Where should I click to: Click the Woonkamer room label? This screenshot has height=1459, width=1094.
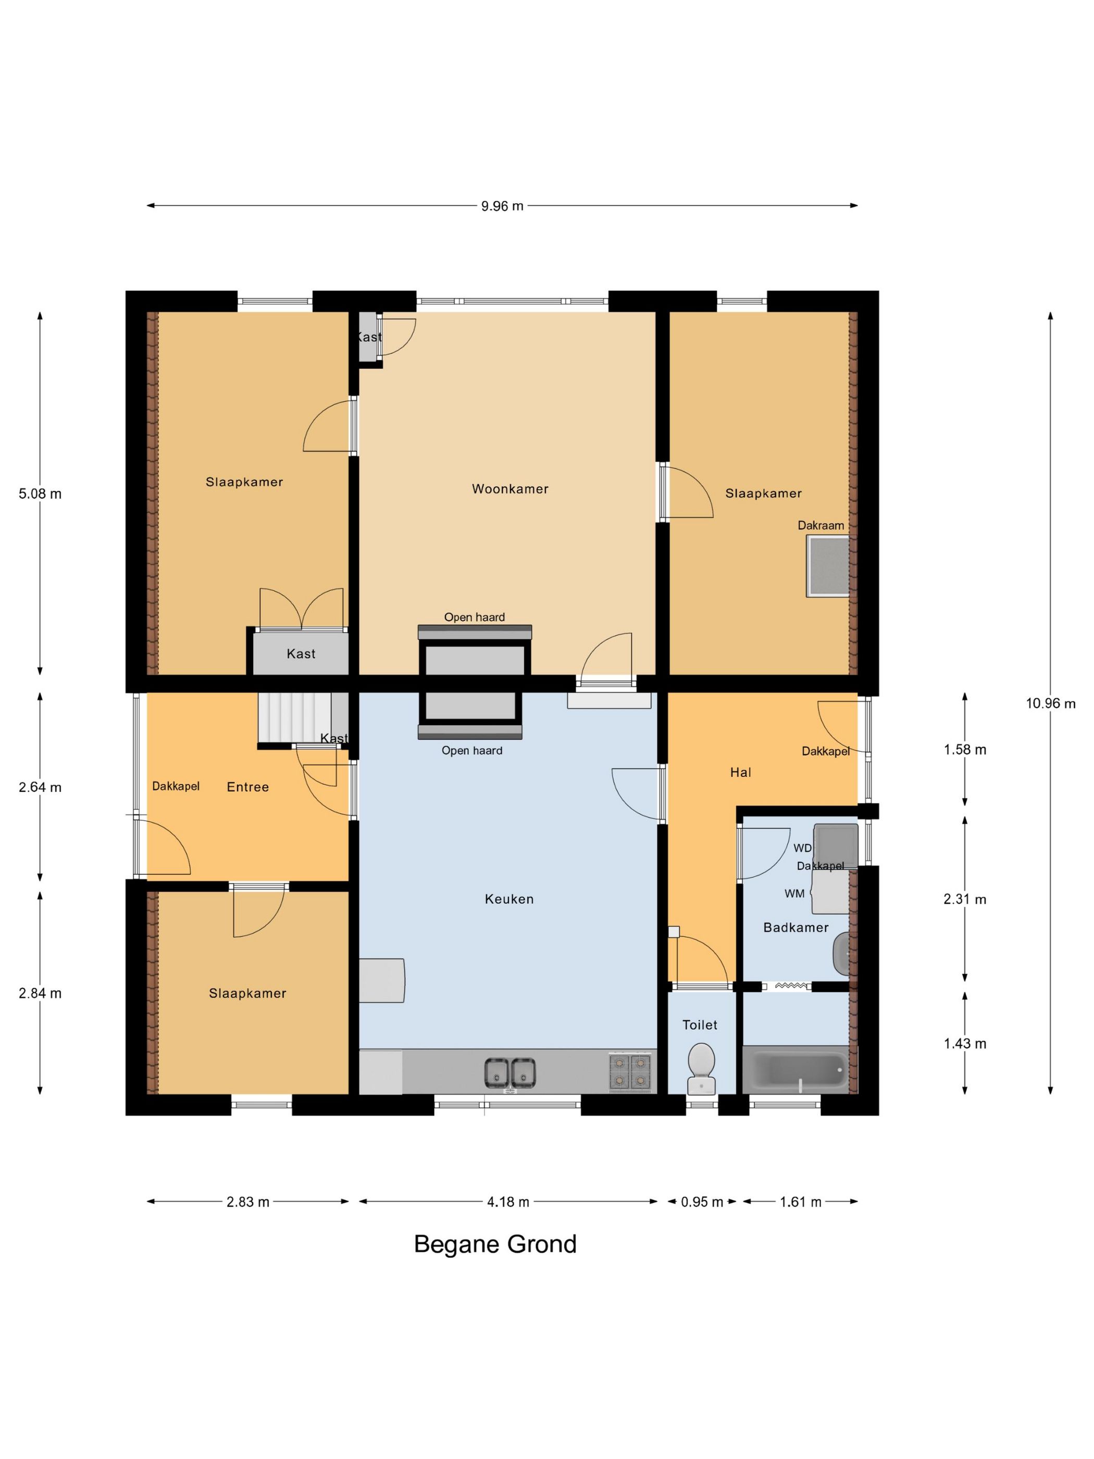click(x=509, y=489)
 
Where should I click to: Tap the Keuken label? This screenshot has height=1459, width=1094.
click(x=509, y=898)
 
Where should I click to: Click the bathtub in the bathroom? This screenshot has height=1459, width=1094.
click(x=799, y=1069)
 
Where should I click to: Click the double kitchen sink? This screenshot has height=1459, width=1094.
click(x=509, y=1072)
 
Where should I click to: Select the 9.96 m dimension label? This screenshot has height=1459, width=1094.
click(x=502, y=206)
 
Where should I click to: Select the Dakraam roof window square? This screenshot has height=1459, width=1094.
click(x=828, y=566)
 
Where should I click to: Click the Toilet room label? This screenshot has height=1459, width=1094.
click(x=700, y=1024)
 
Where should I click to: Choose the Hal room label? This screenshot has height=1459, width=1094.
click(x=741, y=772)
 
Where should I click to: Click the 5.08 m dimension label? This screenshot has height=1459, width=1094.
click(x=40, y=494)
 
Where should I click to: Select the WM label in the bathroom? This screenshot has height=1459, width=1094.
click(x=794, y=894)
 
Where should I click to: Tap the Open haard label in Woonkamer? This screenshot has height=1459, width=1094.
click(x=474, y=617)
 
